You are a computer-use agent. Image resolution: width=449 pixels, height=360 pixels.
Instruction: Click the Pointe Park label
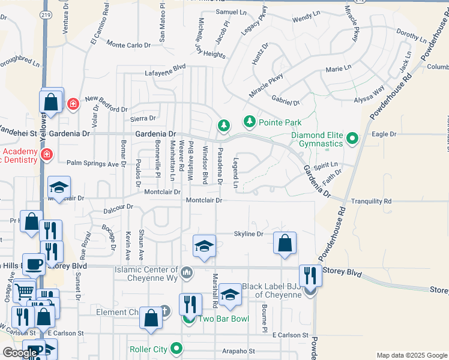tap(280, 122)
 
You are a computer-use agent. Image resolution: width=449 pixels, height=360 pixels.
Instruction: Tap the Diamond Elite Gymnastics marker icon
tap(352, 139)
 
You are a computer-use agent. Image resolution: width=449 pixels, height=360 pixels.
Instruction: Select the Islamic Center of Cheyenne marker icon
tap(187, 274)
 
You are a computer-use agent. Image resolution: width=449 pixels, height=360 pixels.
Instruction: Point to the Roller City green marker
tap(176, 349)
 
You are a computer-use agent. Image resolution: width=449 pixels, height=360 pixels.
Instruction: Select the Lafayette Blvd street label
tap(165, 71)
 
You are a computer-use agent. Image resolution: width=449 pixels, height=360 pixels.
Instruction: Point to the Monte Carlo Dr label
tap(128, 45)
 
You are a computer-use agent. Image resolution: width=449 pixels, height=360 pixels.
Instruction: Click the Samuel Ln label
tap(231, 12)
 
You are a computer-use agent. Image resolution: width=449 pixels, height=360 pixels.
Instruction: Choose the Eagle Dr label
tap(384, 134)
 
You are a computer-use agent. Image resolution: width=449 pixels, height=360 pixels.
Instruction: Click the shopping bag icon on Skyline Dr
tap(285, 243)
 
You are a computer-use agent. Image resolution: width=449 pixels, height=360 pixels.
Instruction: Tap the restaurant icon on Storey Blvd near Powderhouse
tap(310, 276)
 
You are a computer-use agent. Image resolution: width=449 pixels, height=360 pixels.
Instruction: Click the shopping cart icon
tap(25, 291)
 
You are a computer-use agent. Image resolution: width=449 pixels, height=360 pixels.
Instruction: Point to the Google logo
tap(20, 353)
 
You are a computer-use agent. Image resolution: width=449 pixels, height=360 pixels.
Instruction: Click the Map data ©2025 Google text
tap(412, 355)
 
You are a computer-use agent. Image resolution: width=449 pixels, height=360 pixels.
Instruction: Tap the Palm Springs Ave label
tap(92, 163)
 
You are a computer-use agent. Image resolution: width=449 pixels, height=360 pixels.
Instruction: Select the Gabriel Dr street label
tap(285, 101)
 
